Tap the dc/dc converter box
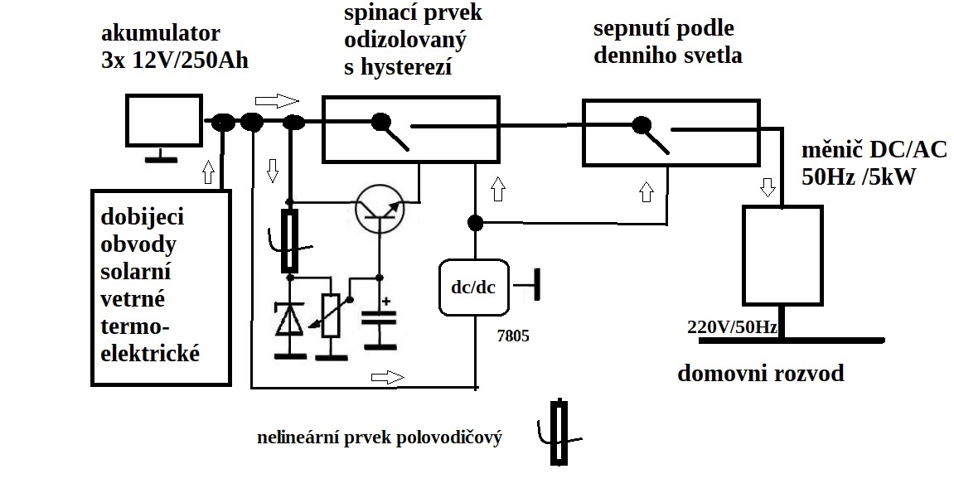(474, 287)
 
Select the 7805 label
(511, 337)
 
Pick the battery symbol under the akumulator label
(164, 126)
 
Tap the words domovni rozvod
(760, 374)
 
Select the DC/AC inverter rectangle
(782, 254)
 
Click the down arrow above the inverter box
(768, 186)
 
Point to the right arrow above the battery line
(276, 101)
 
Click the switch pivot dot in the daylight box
(641, 126)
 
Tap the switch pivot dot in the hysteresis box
(380, 123)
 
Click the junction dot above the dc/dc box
(475, 223)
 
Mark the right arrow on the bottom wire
(386, 377)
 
